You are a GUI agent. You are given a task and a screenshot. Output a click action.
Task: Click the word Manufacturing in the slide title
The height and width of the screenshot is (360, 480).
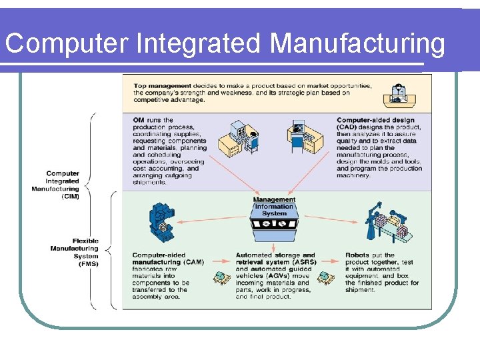click(357, 44)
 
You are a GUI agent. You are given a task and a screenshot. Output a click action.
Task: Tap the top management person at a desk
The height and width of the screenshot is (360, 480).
click(399, 95)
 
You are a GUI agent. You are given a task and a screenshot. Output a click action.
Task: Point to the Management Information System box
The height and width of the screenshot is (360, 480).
click(274, 217)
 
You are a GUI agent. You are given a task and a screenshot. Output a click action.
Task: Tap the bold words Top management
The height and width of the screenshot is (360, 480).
click(162, 86)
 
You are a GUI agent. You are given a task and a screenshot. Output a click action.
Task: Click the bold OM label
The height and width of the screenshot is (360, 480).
click(139, 120)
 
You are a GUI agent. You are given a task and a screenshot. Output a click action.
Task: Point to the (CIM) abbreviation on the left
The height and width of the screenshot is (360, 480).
click(69, 196)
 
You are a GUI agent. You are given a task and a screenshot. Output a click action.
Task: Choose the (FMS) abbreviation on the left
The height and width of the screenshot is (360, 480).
click(87, 263)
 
